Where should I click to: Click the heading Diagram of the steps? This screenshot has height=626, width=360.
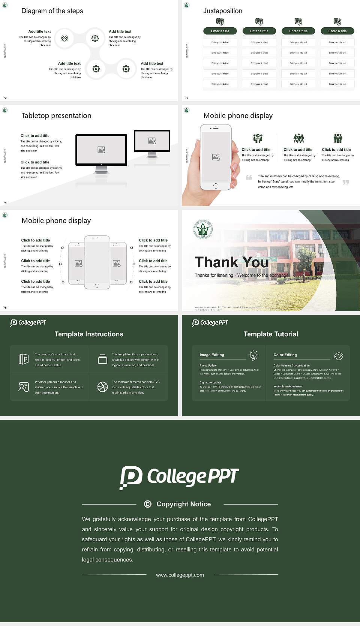point(52,11)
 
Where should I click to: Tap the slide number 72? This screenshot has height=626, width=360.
point(5,98)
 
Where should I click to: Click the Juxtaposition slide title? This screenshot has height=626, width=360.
point(222,11)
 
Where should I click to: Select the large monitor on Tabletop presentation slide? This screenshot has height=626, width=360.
point(101,150)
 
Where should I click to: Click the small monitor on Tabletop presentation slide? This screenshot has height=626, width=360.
point(152,141)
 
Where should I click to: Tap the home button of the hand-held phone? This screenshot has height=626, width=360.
point(215,186)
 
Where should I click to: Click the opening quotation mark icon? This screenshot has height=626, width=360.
point(249,177)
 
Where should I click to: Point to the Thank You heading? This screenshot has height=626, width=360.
point(231,262)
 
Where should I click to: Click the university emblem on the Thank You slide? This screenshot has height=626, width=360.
point(202,229)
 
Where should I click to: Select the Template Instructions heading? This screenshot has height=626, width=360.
point(89,334)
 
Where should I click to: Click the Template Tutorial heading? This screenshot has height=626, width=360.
point(271,334)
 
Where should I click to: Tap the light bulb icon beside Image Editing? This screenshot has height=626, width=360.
point(253,355)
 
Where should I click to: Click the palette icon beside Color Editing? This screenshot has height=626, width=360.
point(338,356)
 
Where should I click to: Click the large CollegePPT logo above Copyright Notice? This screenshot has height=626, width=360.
point(179,477)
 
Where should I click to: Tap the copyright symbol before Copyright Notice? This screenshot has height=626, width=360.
point(148,504)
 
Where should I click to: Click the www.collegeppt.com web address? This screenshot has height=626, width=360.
point(180,575)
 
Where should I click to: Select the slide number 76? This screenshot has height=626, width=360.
point(5,308)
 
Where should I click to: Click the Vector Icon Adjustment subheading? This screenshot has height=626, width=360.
point(288,386)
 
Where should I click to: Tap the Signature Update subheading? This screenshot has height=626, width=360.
point(210,382)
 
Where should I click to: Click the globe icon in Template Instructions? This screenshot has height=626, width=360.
point(102,387)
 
